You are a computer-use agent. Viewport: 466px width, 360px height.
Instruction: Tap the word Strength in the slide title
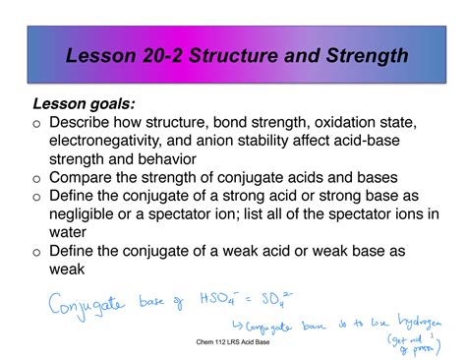pos(358,55)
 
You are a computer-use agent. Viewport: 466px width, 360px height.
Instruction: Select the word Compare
pos(87,178)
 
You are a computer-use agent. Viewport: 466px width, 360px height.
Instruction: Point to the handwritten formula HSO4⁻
pos(219,294)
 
